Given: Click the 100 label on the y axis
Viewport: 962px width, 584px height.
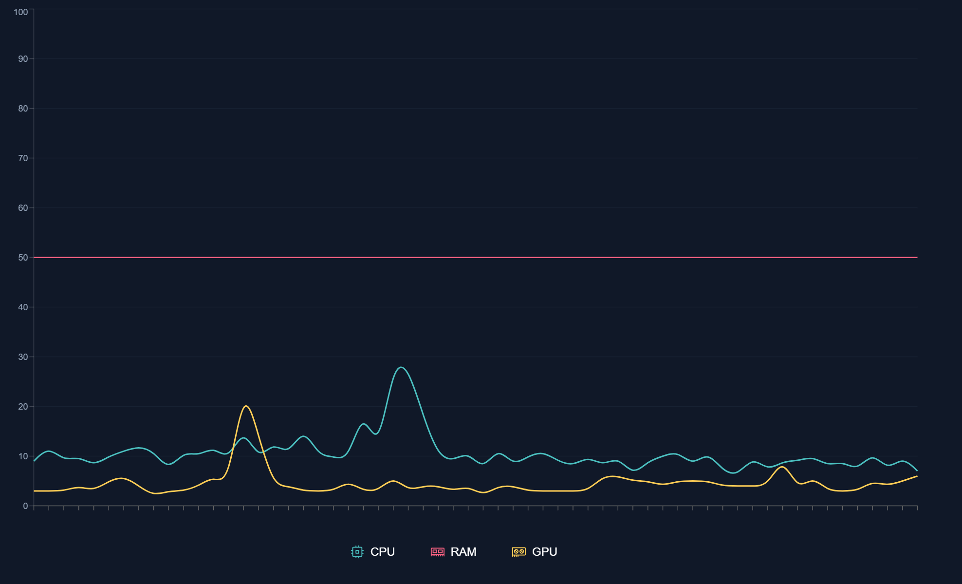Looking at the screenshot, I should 21,12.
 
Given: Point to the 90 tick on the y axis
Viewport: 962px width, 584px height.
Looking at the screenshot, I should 23,59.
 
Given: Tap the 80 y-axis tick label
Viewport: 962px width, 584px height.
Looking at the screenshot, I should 23,109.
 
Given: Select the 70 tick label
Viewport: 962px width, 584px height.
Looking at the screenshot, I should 23,158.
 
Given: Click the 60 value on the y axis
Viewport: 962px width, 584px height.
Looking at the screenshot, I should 23,208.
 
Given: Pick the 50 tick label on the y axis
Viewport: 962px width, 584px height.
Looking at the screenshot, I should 23,258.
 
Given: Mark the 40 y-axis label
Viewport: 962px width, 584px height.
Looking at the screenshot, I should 23,307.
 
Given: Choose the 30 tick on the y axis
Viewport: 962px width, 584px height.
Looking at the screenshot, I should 23,357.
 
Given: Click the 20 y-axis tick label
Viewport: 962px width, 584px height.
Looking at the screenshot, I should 23,407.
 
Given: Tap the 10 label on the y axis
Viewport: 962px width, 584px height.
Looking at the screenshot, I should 23,456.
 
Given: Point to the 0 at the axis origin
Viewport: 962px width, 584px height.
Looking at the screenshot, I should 25,506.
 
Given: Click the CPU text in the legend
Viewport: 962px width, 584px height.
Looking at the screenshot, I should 382,552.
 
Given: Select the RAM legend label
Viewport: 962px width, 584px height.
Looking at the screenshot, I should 463,552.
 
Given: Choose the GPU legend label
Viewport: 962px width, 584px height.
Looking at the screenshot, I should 544,552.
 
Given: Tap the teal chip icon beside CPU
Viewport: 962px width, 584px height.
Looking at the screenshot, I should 357,552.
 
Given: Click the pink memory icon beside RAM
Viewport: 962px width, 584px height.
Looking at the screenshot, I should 438,552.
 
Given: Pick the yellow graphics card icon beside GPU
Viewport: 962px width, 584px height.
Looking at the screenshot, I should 519,552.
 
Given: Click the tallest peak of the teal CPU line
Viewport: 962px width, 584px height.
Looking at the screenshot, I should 401,367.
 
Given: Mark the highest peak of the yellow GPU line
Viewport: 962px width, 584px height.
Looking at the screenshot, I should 246,406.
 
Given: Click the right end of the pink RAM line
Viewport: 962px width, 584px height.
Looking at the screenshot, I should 917,257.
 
